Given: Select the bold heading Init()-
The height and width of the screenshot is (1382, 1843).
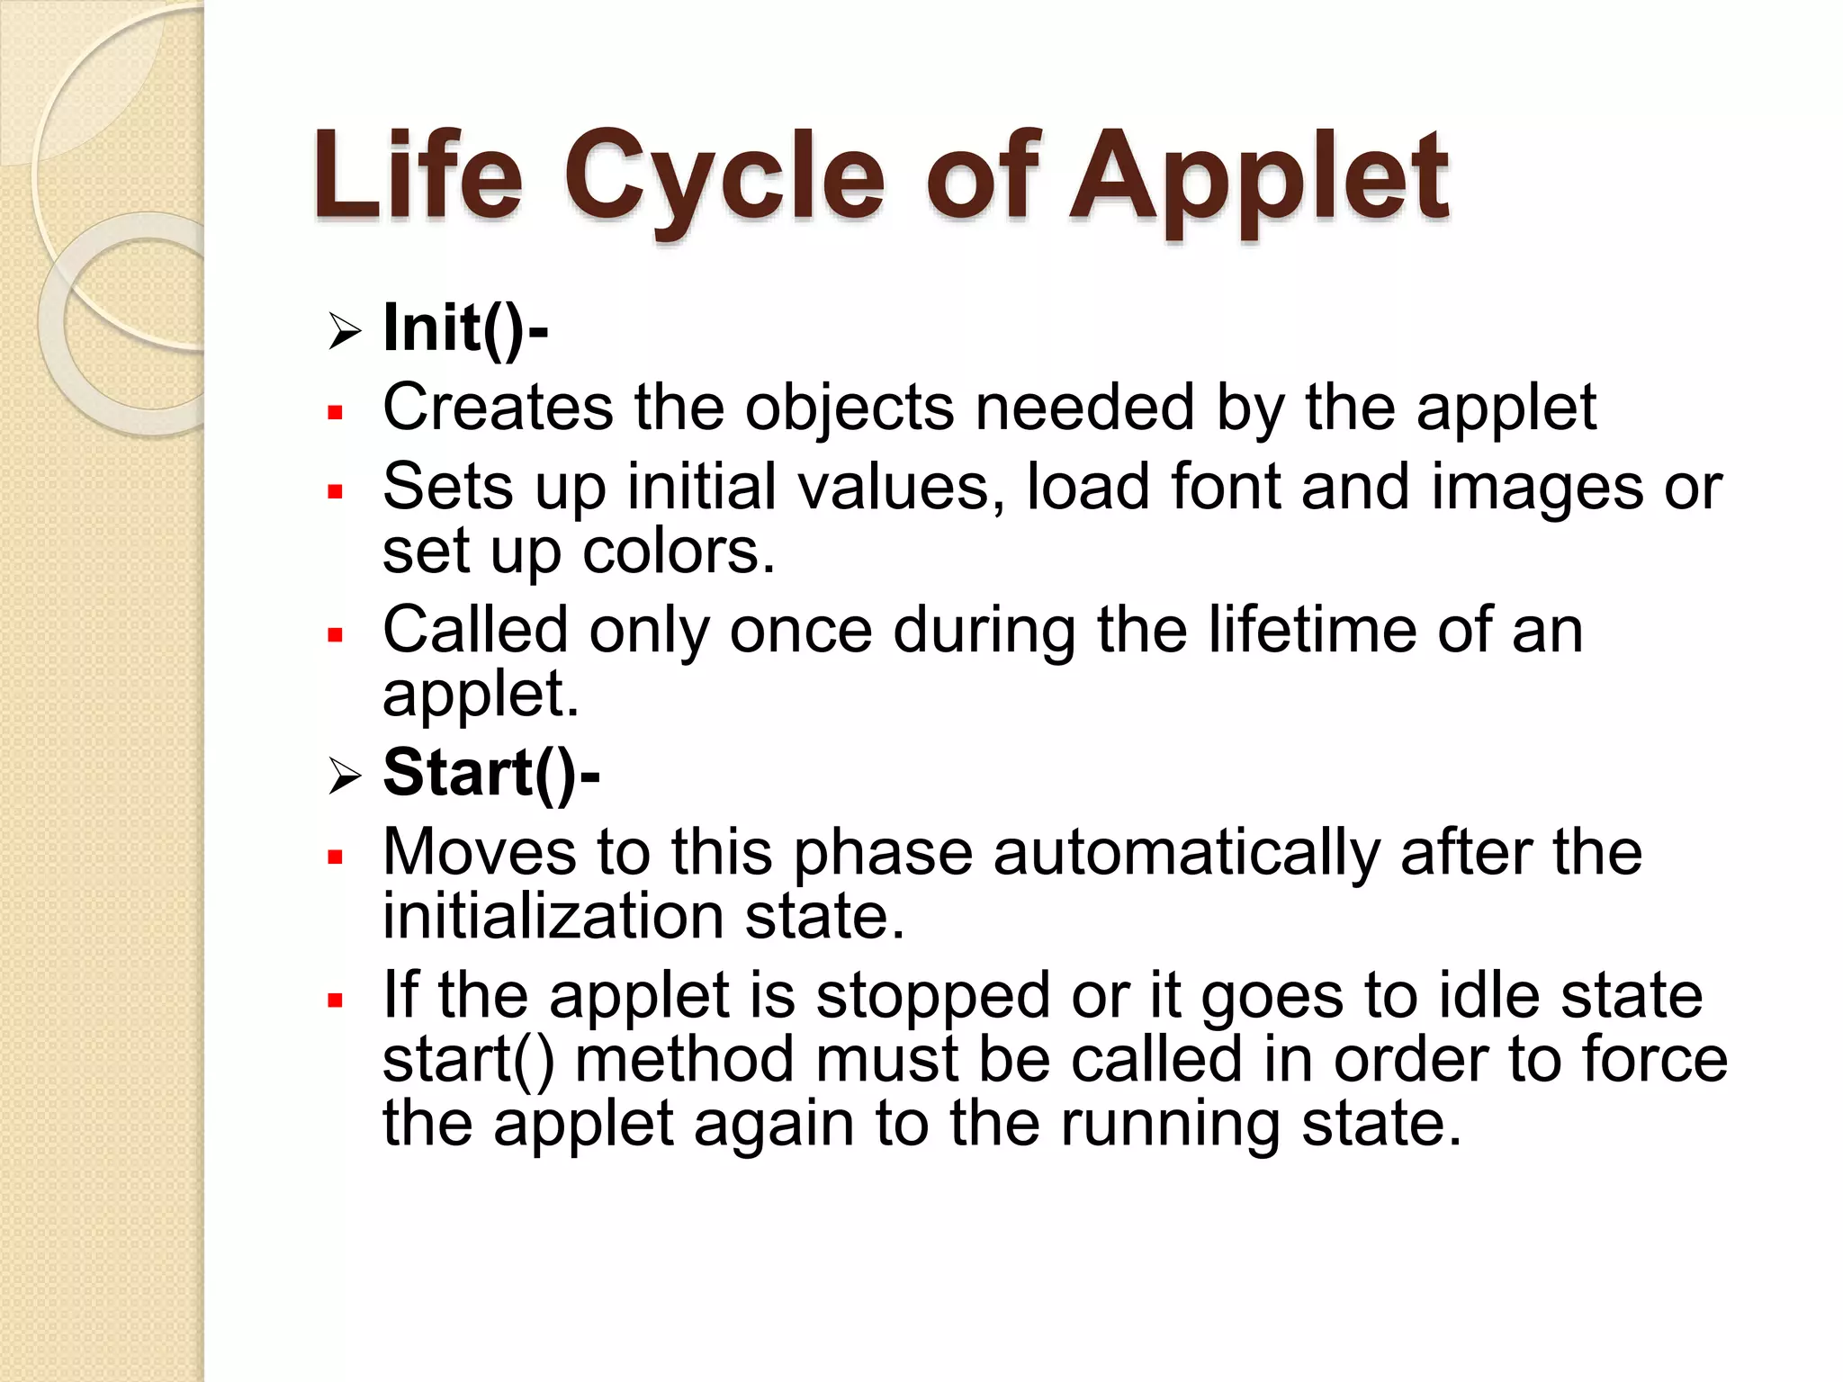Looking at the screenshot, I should point(465,328).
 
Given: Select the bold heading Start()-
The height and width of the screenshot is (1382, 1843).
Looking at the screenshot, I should point(490,773).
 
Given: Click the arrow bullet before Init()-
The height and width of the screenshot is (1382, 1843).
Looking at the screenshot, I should point(344,331).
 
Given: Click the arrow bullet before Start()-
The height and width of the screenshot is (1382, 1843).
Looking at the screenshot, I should point(344,776).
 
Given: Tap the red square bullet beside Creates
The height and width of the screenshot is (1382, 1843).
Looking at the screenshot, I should point(336,413).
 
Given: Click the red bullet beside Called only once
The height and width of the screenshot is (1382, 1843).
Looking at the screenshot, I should point(336,635).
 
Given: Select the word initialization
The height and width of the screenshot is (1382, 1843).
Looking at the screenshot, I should point(553,916).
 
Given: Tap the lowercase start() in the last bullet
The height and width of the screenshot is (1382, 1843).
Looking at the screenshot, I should point(468,1060).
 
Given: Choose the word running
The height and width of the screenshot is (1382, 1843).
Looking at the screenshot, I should point(1170,1124).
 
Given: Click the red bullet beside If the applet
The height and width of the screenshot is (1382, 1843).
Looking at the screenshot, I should point(336,1001).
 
